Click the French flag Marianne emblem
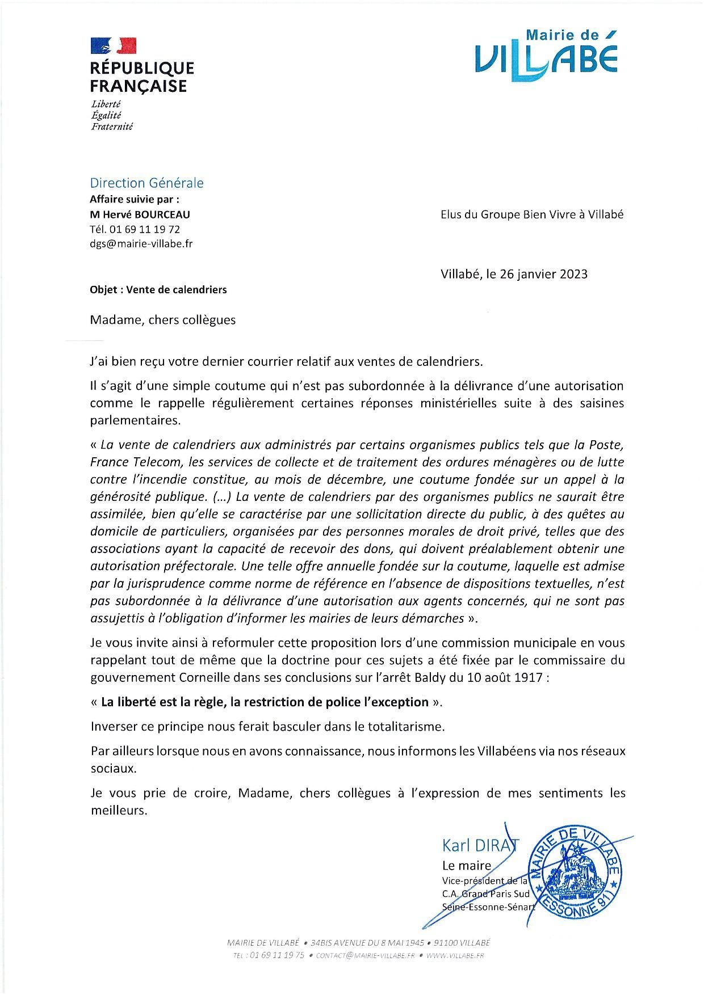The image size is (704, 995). click(114, 46)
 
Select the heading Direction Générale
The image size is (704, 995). click(146, 183)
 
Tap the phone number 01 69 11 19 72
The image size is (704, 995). click(144, 229)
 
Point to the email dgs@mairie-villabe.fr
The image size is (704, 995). click(141, 244)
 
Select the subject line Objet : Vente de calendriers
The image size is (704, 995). click(158, 290)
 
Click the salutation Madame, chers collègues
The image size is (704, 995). click(162, 320)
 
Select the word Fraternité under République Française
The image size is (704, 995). click(112, 127)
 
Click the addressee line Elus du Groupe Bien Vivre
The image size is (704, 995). click(531, 215)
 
